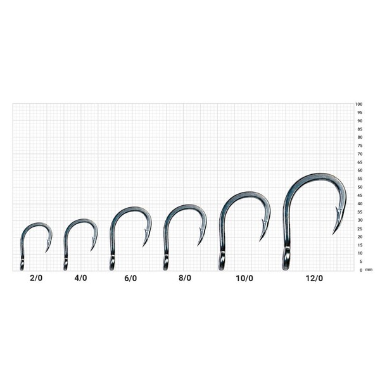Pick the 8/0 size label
184,277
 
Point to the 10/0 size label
244,277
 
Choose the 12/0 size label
313,277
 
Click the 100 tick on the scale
358,104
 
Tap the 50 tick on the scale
358,187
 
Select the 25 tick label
358,229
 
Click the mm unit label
369,270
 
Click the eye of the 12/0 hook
286,259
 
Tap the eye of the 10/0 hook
222,260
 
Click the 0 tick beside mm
360,270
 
